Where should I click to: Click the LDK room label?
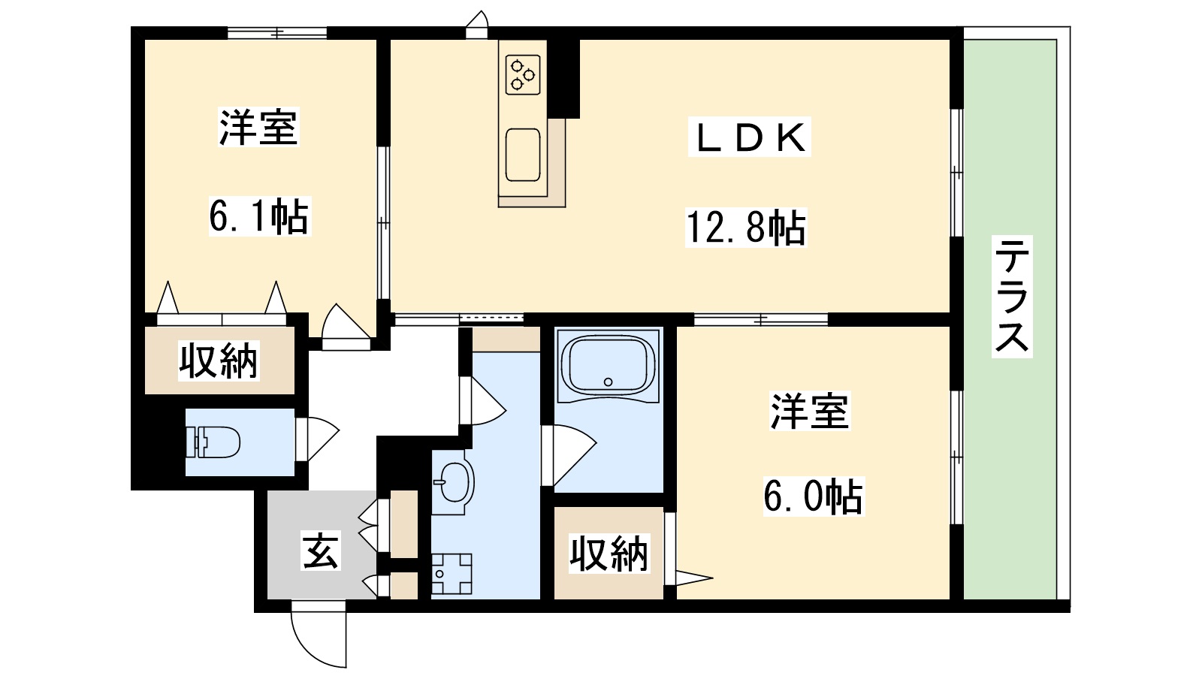(x=749, y=137)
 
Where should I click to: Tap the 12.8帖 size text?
(x=745, y=227)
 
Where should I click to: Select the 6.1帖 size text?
(x=258, y=216)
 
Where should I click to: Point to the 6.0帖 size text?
(x=813, y=496)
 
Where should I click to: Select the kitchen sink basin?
(x=523, y=155)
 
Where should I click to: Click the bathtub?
(x=609, y=365)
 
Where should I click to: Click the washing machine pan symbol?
(x=452, y=575)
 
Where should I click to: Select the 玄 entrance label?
(x=321, y=551)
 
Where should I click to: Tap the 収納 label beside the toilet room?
(x=218, y=361)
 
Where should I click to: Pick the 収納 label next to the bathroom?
(x=609, y=554)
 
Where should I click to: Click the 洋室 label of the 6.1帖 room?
(x=258, y=128)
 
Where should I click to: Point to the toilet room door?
(x=317, y=439)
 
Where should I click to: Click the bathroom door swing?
(x=571, y=454)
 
